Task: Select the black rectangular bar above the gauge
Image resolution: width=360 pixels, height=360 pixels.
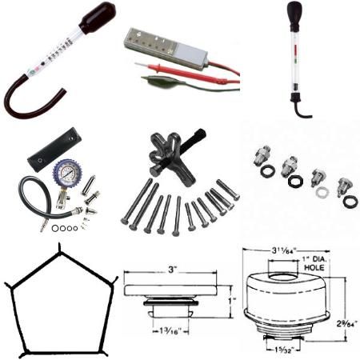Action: (x=54, y=151)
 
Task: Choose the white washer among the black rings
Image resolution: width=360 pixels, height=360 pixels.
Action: (x=322, y=193)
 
